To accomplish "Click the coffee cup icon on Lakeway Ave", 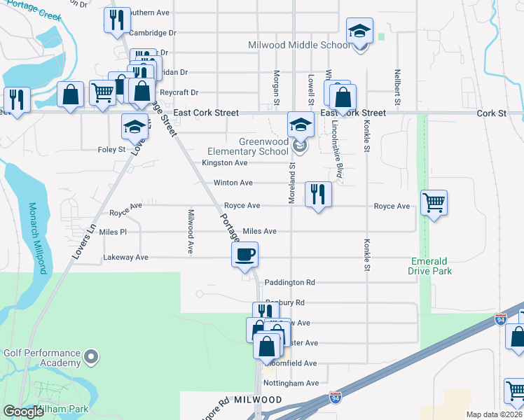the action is coord(245,254).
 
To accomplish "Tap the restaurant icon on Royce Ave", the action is coord(318,194).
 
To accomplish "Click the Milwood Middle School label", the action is coord(299,45).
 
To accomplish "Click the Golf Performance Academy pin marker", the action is coord(90,358).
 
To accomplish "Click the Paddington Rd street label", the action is coord(290,282).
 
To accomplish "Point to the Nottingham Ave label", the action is coord(292,383).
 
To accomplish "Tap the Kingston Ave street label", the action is coord(225,163).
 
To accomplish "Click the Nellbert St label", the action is coord(397,87).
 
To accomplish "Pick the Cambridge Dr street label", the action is coord(153,33).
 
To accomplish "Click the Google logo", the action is coord(24,412).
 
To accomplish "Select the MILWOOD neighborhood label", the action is coord(238,399).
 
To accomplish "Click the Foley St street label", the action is coord(111,149).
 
